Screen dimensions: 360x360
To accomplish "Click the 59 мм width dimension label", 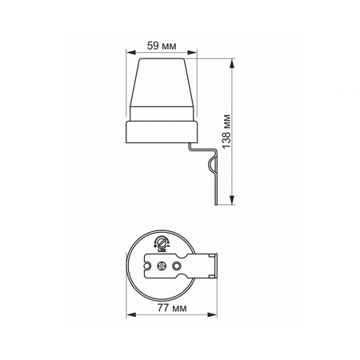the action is tap(162, 46).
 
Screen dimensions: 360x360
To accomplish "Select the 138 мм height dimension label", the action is tap(226, 131).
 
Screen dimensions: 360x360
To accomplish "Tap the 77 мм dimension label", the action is tap(172, 308).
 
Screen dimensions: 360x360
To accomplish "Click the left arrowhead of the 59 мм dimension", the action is tap(130, 53).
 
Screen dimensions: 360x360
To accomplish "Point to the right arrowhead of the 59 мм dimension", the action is tap(192, 53).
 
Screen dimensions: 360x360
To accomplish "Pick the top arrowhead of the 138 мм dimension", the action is tap(232, 63).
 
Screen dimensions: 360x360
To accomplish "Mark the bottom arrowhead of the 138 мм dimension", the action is tap(232, 200).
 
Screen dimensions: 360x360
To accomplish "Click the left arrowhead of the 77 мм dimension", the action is tap(131, 315).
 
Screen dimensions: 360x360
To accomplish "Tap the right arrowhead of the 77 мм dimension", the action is tap(212, 315).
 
